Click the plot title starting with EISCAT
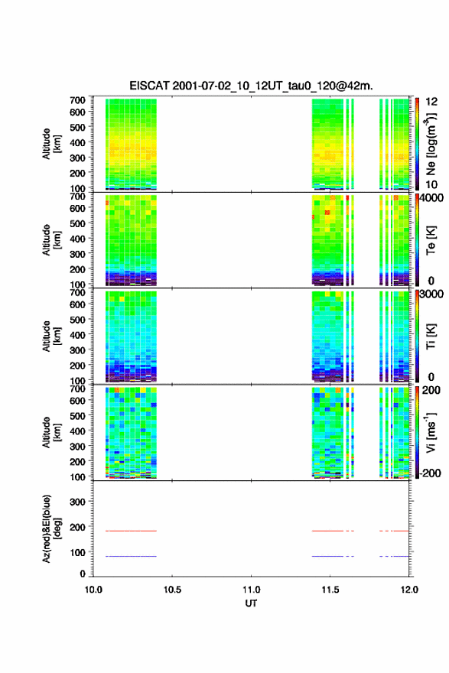(x=251, y=86)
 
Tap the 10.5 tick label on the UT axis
(x=172, y=590)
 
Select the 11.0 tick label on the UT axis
(x=251, y=590)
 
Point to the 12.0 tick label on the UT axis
(x=409, y=590)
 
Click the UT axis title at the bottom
(x=251, y=603)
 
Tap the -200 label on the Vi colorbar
(x=431, y=473)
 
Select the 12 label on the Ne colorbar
(x=431, y=102)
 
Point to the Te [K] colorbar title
(x=431, y=240)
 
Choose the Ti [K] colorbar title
(x=431, y=336)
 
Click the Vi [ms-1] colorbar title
(x=431, y=432)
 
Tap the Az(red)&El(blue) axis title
(x=50, y=528)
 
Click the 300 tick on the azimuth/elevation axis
(x=77, y=502)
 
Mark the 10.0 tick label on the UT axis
(x=93, y=590)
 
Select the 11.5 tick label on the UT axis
(x=330, y=590)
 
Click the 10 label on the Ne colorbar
(x=431, y=184)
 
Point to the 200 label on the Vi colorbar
(x=431, y=390)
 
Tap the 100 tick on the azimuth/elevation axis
(x=77, y=552)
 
